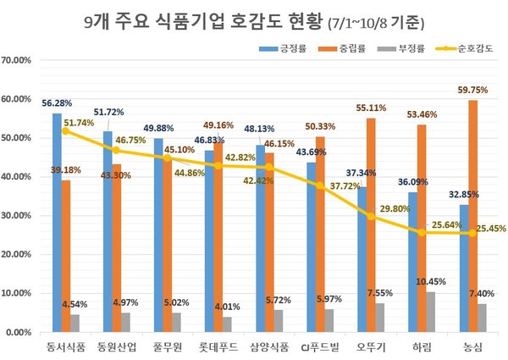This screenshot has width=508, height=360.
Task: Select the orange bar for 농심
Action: (x=472, y=216)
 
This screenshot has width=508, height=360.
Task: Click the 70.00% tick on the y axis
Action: (x=18, y=61)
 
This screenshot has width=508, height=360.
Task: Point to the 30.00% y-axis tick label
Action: (x=18, y=216)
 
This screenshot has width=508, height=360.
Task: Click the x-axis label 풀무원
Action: (x=168, y=347)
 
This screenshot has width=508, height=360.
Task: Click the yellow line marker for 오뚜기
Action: (x=369, y=217)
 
